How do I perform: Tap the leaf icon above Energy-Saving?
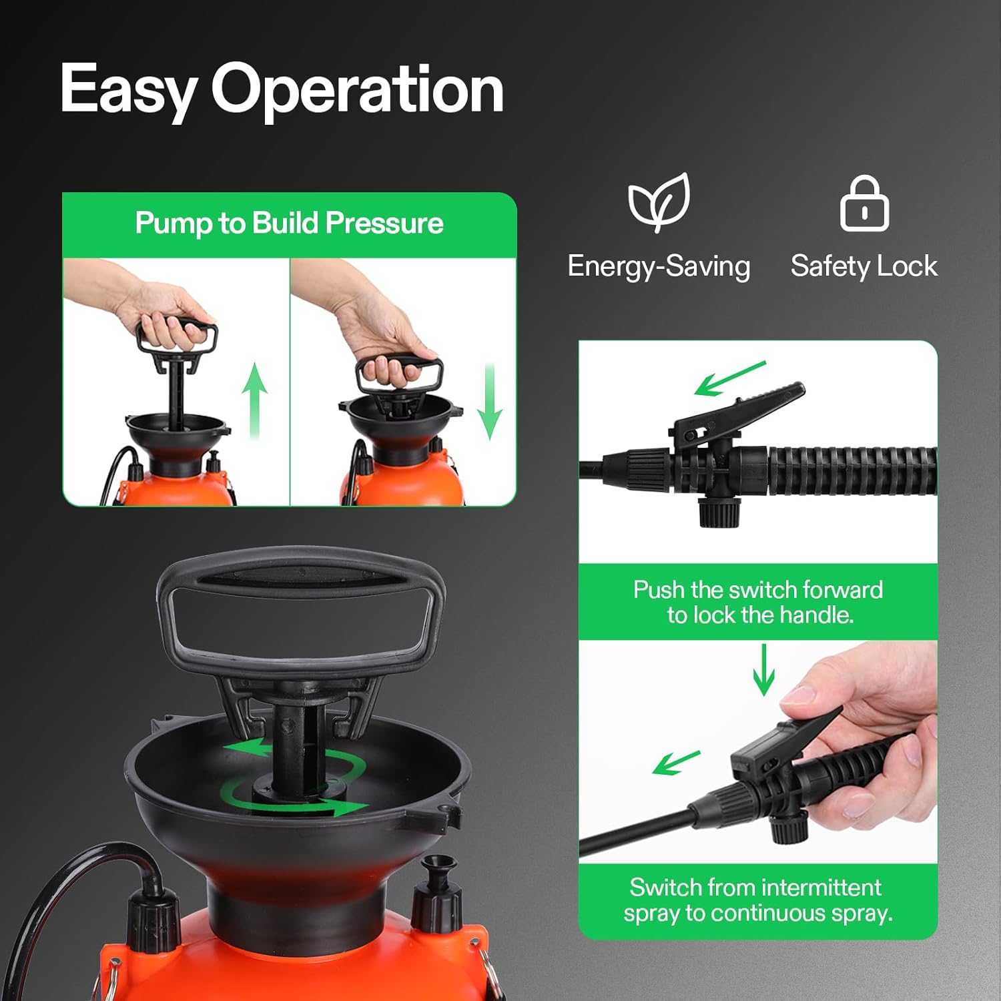(659, 202)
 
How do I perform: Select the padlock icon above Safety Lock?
(864, 204)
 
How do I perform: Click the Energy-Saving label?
(659, 266)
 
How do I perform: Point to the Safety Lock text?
(864, 266)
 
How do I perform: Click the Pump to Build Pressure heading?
(289, 223)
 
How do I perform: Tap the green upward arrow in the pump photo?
(254, 400)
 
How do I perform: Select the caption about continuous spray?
(758, 900)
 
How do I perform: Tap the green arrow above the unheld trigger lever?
(729, 378)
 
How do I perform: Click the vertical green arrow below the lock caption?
(763, 669)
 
